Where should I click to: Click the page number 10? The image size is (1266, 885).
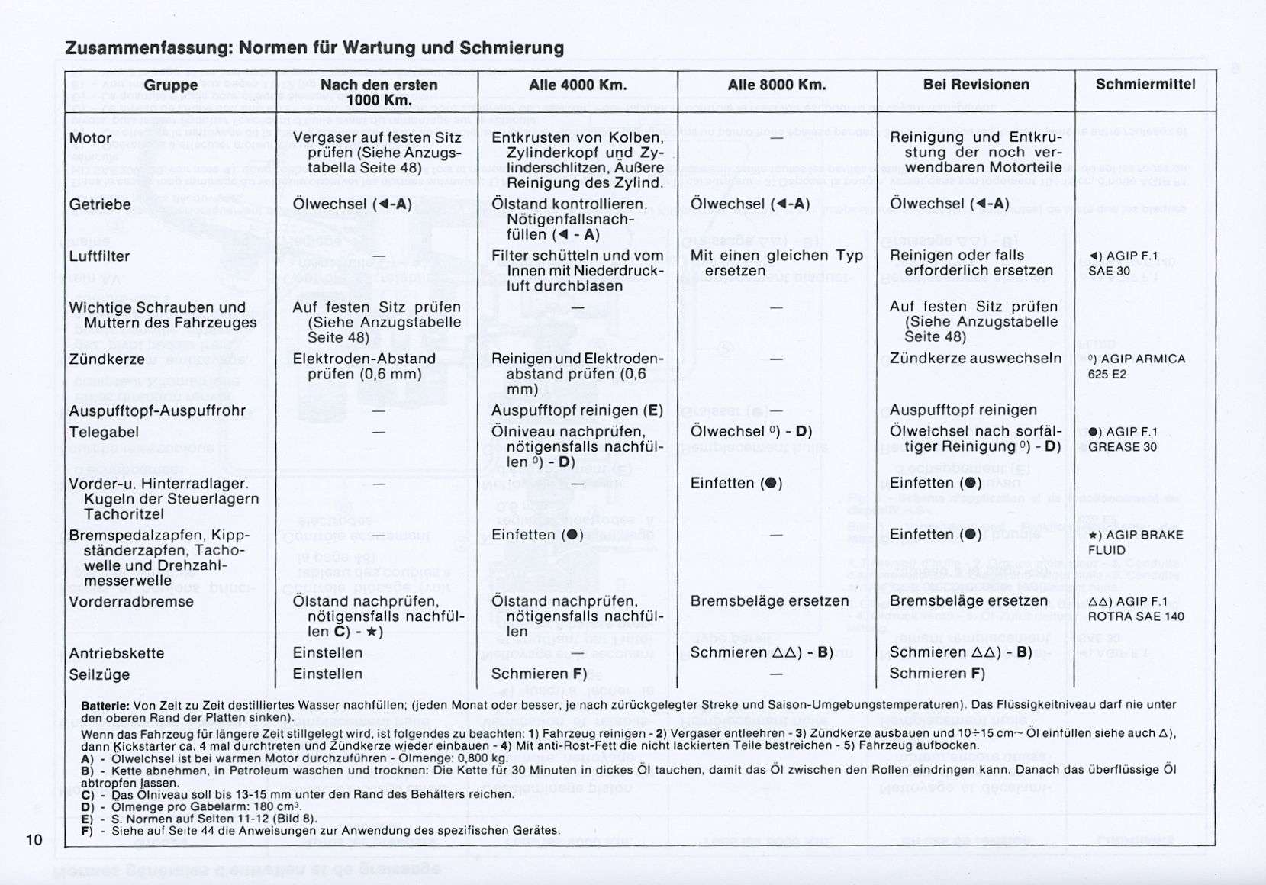(34, 840)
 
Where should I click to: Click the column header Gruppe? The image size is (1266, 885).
(171, 85)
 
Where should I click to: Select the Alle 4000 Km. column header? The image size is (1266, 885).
(578, 85)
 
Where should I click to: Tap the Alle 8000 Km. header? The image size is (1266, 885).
(777, 85)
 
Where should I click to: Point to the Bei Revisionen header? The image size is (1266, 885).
(976, 85)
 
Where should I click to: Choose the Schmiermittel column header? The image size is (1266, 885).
(1145, 85)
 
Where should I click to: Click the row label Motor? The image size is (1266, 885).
(91, 138)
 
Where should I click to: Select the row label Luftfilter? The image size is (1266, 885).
(100, 256)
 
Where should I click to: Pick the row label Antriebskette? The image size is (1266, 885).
(116, 654)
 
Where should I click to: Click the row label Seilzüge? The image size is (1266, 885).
(99, 674)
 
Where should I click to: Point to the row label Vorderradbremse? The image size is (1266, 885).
(130, 602)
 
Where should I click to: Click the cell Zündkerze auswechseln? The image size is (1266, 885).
(975, 359)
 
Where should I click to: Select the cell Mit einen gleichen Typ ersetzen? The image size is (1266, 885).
(776, 263)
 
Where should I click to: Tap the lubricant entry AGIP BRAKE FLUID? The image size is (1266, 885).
(1136, 542)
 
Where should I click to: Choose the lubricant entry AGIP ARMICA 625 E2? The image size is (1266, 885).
(1136, 366)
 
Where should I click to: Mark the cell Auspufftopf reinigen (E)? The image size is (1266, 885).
(577, 410)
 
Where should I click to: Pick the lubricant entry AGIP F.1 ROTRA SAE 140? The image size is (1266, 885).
(1136, 609)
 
